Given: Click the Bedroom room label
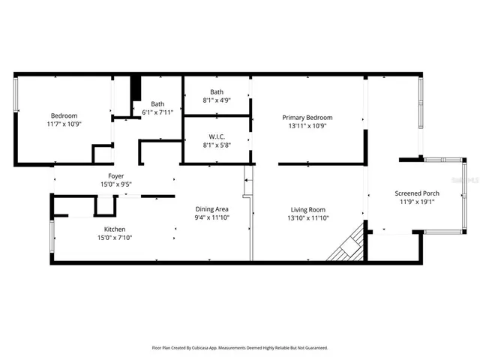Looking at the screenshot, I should pos(64,115).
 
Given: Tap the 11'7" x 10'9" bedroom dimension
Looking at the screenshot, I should pos(64,124).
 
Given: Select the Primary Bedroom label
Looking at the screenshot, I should pos(307,118).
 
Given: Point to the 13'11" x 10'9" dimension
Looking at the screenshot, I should pos(307,126).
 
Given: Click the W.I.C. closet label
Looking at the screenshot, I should pos(217,136).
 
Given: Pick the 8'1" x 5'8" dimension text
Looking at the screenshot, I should pos(217,145).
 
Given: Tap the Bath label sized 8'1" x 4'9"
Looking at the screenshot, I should pos(217,92).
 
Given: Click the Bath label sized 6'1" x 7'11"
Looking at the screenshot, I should pos(157,104).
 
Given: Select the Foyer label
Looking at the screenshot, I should pos(115,176).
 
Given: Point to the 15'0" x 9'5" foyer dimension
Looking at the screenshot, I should pos(115,184).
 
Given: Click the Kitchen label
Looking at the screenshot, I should pos(115,229).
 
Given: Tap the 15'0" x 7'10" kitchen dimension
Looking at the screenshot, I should pos(115,238).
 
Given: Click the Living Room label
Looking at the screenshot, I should pos(308,210).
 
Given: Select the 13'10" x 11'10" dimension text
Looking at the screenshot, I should pos(308,218).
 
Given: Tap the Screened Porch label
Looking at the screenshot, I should pos(417,193).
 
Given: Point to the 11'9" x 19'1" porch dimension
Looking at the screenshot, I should pos(417,202).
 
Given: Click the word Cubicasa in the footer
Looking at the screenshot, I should pos(203,348).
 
